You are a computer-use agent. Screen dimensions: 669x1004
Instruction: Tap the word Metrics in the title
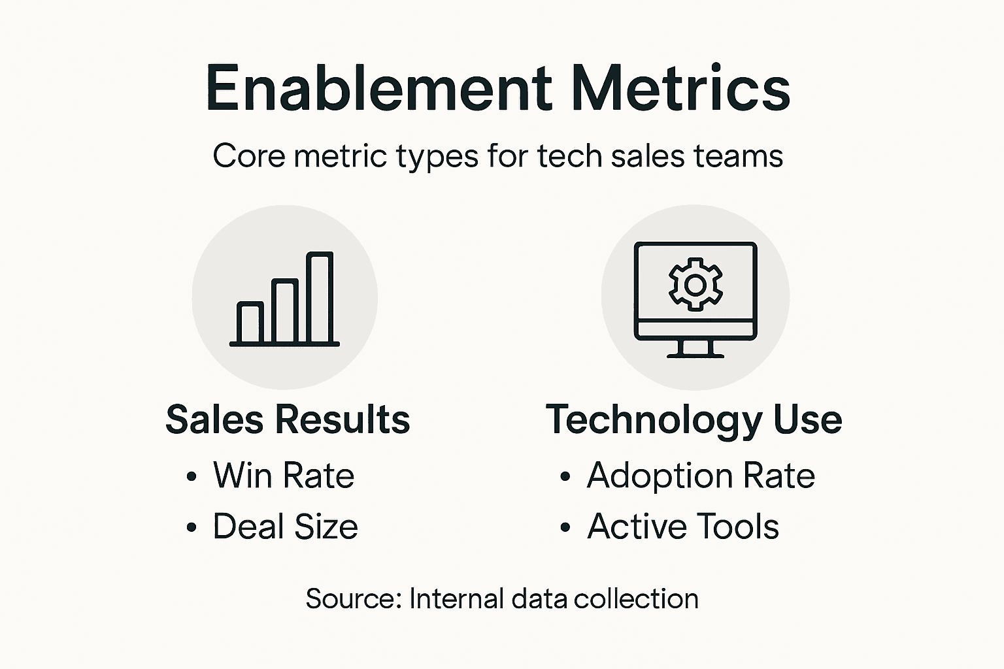[x=680, y=88]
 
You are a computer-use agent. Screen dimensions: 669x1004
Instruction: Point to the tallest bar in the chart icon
[x=320, y=297]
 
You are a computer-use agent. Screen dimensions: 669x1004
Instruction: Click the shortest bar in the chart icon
[x=250, y=323]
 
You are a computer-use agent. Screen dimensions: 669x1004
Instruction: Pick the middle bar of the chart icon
[x=285, y=311]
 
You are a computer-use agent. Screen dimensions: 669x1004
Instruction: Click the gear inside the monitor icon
[x=695, y=286]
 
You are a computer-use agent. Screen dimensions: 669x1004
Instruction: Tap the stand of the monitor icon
[x=695, y=349]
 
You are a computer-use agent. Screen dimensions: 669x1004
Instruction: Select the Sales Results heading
[x=288, y=419]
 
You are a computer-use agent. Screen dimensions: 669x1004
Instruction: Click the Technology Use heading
[x=694, y=419]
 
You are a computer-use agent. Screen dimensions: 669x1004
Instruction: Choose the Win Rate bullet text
[x=284, y=476]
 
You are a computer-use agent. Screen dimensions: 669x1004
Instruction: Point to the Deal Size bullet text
[x=285, y=527]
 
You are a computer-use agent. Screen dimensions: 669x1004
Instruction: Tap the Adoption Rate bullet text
[x=701, y=476]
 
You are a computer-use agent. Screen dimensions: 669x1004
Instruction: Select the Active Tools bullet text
[x=683, y=527]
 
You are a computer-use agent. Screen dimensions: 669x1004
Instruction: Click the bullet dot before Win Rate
[x=191, y=477]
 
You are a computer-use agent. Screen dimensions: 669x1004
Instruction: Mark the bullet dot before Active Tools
[x=565, y=528]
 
